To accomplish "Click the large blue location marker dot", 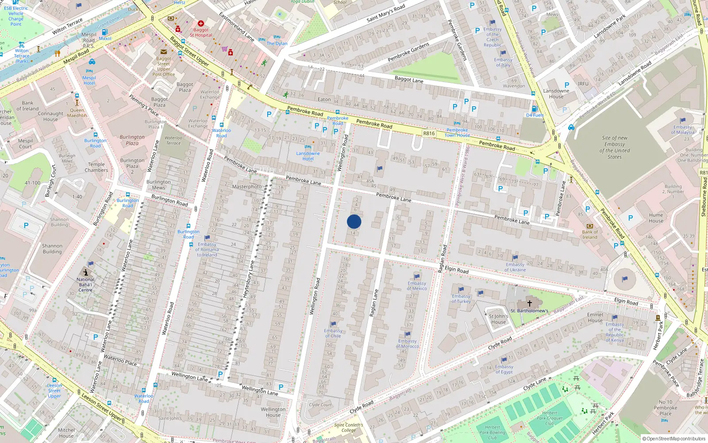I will tap(354, 221).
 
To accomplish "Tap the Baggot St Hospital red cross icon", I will tap(201, 23).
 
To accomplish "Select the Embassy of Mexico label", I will tap(417, 286).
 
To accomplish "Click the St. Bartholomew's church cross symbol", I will tap(529, 303).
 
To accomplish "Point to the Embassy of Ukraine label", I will tap(515, 267).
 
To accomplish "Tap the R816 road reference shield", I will tap(429, 133).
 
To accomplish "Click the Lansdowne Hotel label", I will tap(308, 156).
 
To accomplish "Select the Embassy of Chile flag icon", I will tap(333, 324).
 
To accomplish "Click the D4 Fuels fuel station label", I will tap(535, 115).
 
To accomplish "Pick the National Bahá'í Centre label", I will tap(85, 285).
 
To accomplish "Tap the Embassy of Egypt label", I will tap(504, 369).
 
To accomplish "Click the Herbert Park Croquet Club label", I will tap(549, 418).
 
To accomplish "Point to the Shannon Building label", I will tap(52, 249).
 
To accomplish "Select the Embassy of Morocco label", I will tap(407, 343).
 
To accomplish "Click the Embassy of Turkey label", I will tap(461, 299).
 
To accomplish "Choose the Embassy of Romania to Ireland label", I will tap(207, 249).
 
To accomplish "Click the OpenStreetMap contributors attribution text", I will tap(676, 439).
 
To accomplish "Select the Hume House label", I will tap(656, 218).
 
